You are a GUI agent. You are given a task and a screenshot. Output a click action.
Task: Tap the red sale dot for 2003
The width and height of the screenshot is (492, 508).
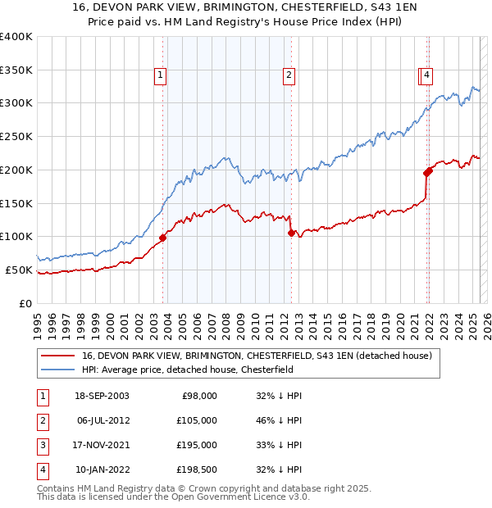pos(163,238)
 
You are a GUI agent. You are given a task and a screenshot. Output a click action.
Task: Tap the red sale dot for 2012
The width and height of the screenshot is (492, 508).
pos(291,233)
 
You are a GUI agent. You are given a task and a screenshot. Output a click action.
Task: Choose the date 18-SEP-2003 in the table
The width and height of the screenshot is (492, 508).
pos(102,396)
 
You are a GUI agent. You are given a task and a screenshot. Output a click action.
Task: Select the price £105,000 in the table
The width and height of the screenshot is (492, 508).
pos(198,420)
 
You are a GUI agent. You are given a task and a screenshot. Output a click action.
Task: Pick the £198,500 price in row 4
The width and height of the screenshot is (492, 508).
pos(198,469)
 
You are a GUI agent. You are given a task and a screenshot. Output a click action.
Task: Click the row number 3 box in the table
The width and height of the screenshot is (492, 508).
pos(40,445)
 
